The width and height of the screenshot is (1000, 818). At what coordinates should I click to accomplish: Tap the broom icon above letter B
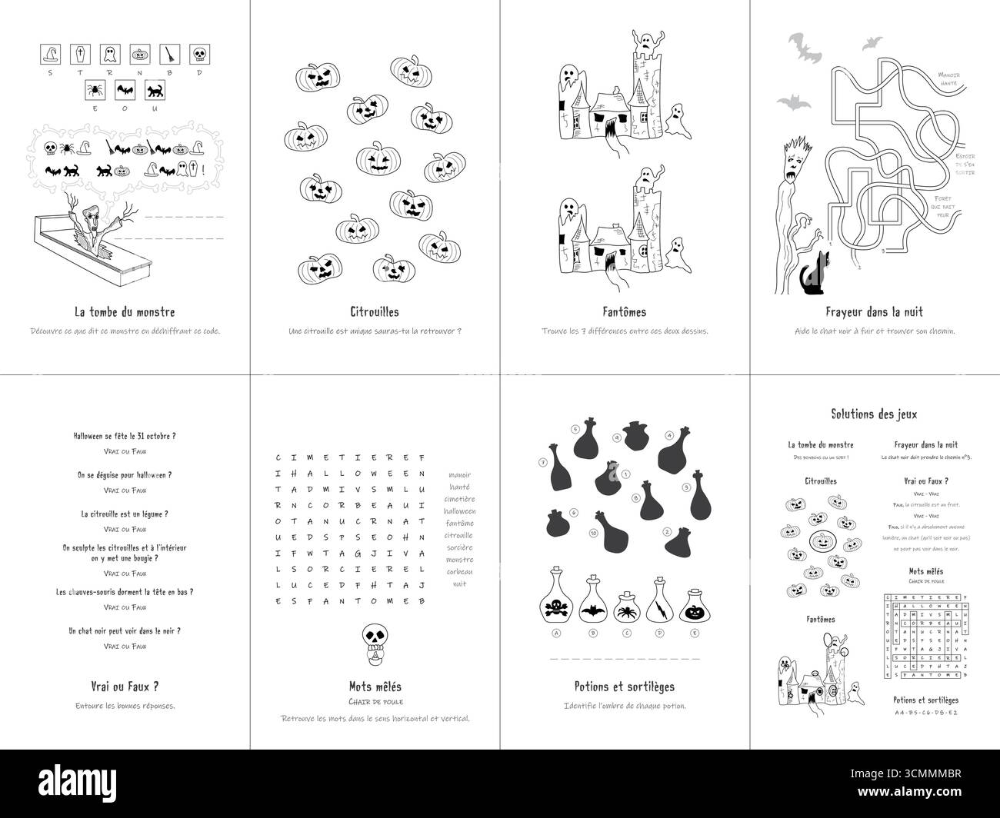[168, 53]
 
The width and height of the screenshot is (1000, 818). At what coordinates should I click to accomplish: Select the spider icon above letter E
[95, 90]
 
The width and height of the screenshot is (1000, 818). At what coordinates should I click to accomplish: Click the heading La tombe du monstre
[125, 312]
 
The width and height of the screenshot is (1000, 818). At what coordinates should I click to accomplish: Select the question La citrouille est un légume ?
[125, 514]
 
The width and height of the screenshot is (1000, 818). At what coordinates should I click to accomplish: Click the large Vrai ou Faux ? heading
[125, 686]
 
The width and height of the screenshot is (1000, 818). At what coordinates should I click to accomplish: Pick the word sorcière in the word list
[459, 547]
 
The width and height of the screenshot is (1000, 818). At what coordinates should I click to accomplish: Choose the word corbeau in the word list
[459, 572]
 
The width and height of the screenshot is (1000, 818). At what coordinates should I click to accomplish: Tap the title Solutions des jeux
[874, 414]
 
